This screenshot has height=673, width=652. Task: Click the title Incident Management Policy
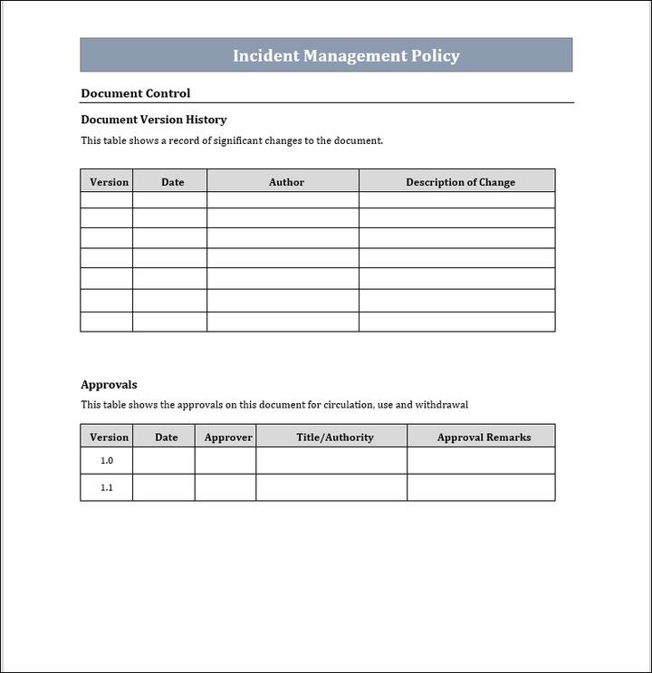[346, 55]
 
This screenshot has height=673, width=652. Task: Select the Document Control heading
[135, 93]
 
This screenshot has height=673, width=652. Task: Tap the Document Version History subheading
[153, 120]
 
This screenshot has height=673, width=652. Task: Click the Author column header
[286, 182]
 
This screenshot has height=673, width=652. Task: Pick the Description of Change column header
[460, 182]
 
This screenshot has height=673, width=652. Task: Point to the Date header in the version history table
[172, 182]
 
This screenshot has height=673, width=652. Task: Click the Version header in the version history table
[110, 182]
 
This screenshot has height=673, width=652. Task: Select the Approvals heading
[109, 385]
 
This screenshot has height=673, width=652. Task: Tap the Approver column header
[228, 437]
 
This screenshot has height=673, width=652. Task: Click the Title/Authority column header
[335, 437]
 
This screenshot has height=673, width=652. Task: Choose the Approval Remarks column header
[484, 437]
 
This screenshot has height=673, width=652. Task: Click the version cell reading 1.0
[107, 461]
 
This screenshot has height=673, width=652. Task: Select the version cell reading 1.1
[107, 487]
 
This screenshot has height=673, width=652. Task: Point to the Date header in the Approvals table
[167, 437]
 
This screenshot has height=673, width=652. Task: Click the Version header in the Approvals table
[110, 437]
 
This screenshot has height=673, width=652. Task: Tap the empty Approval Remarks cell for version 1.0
[481, 461]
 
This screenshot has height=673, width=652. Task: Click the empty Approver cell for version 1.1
[225, 487]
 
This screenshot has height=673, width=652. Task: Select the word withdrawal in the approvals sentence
[442, 405]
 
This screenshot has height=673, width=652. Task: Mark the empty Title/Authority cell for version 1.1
[331, 487]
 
